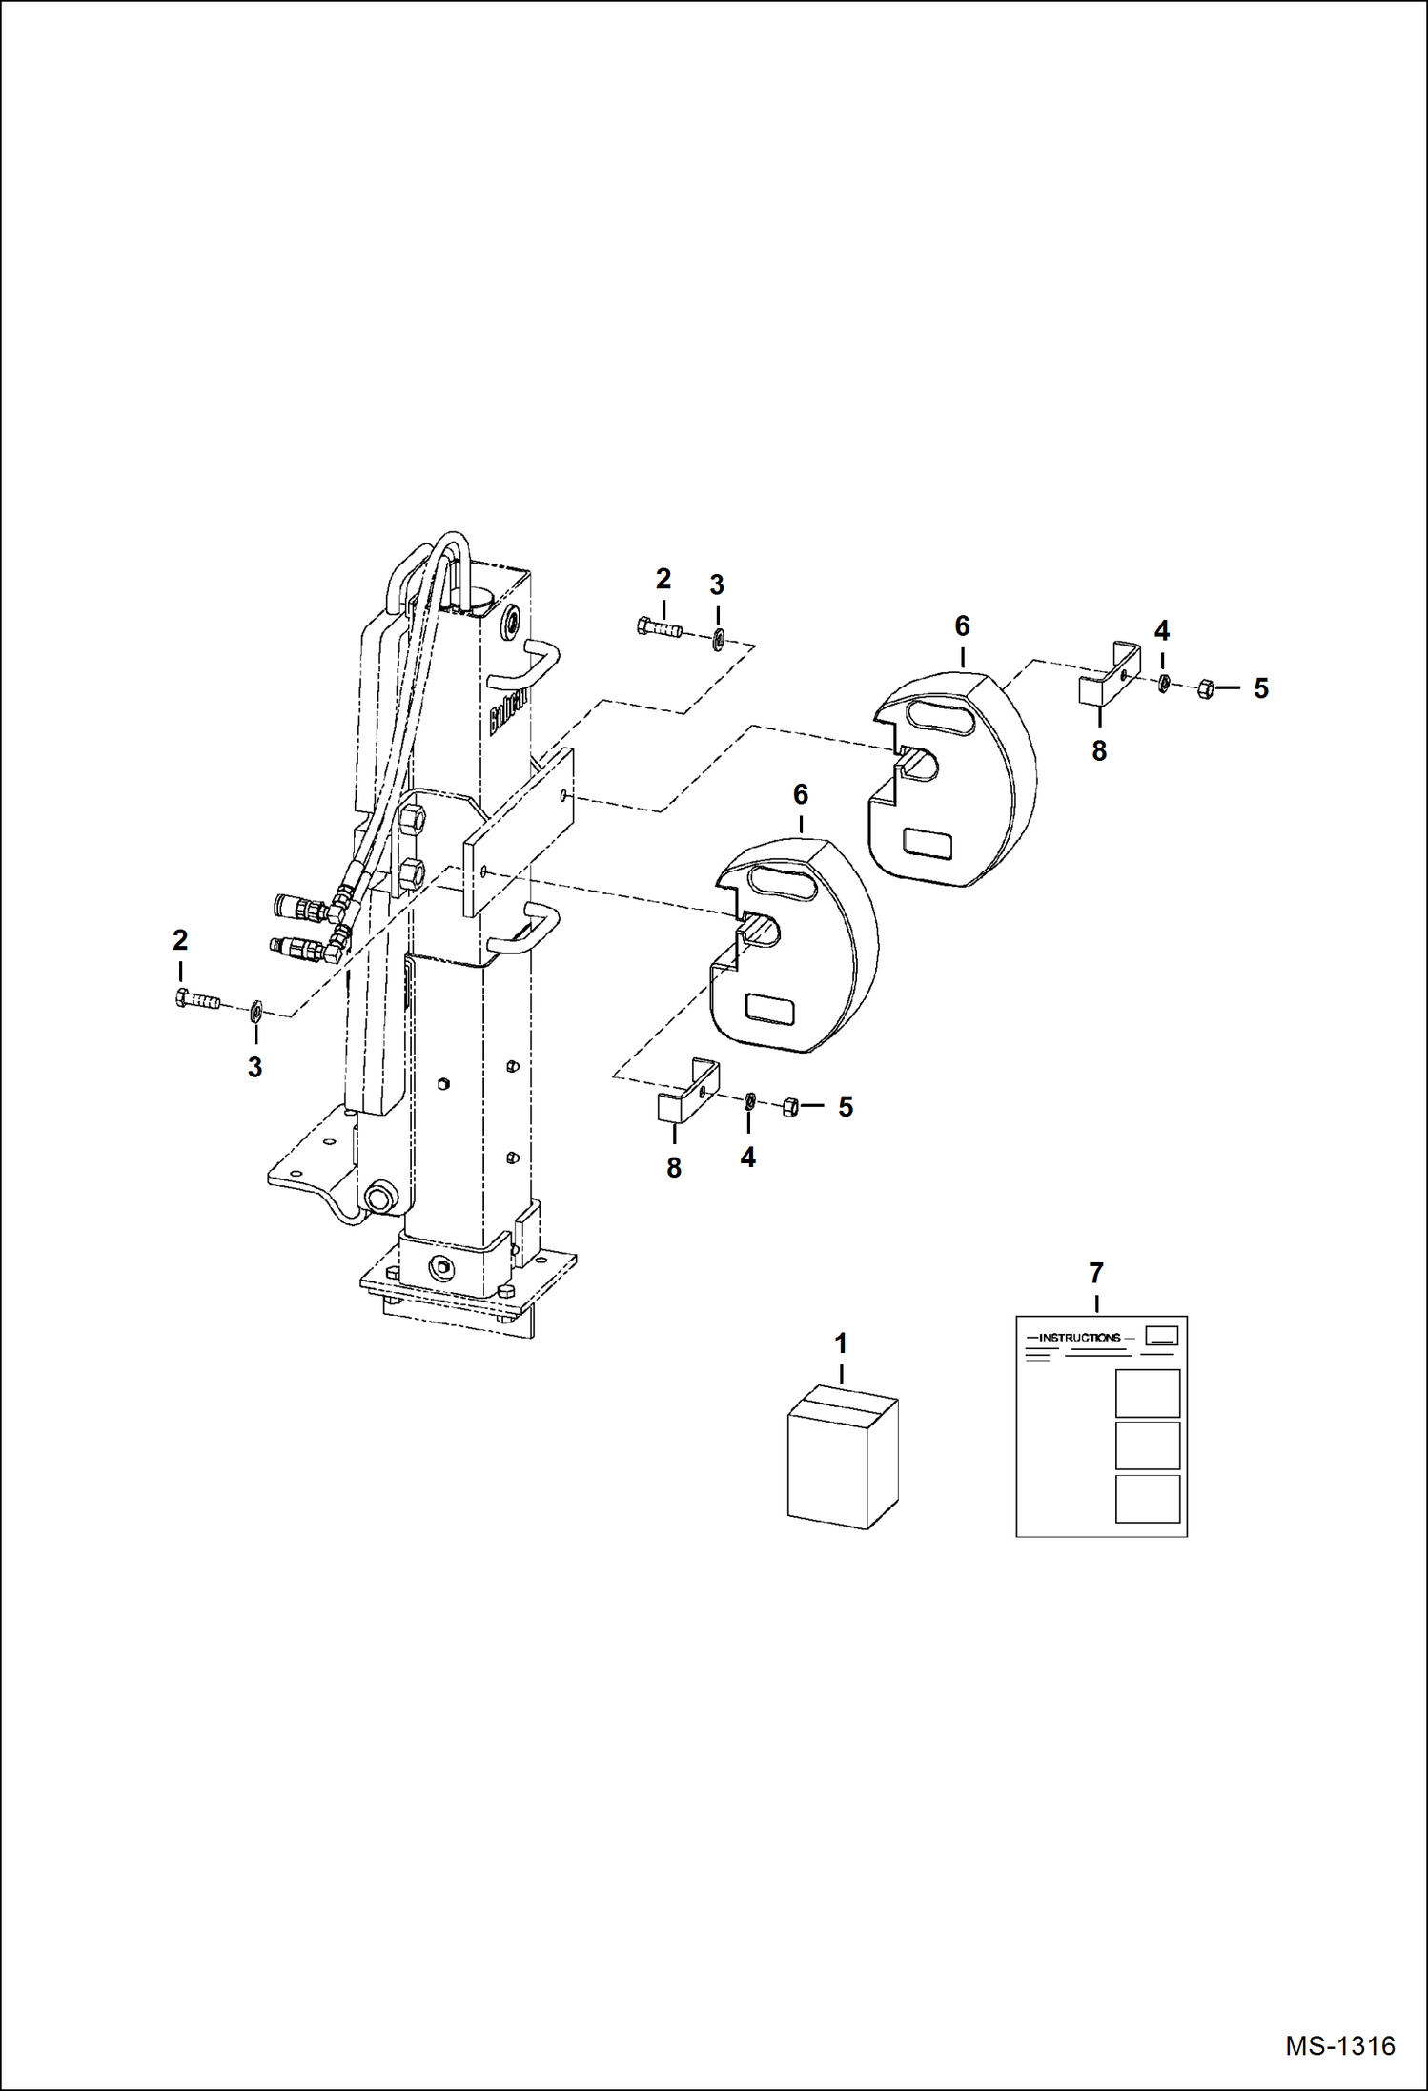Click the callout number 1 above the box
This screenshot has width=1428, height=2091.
[841, 1343]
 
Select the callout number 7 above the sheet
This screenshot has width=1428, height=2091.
[1096, 1273]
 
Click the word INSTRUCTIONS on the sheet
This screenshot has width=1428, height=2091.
[1079, 1338]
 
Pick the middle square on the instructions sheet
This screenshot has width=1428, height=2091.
[1147, 1445]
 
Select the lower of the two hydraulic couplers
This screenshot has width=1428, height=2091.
[300, 948]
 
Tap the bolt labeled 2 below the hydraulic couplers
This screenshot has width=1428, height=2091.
[197, 1000]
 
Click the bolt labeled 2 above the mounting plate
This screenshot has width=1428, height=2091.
[659, 628]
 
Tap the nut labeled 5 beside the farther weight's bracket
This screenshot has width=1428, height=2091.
[1204, 687]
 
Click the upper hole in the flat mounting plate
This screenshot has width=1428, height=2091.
[565, 794]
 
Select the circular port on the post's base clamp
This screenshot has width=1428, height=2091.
[441, 1268]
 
